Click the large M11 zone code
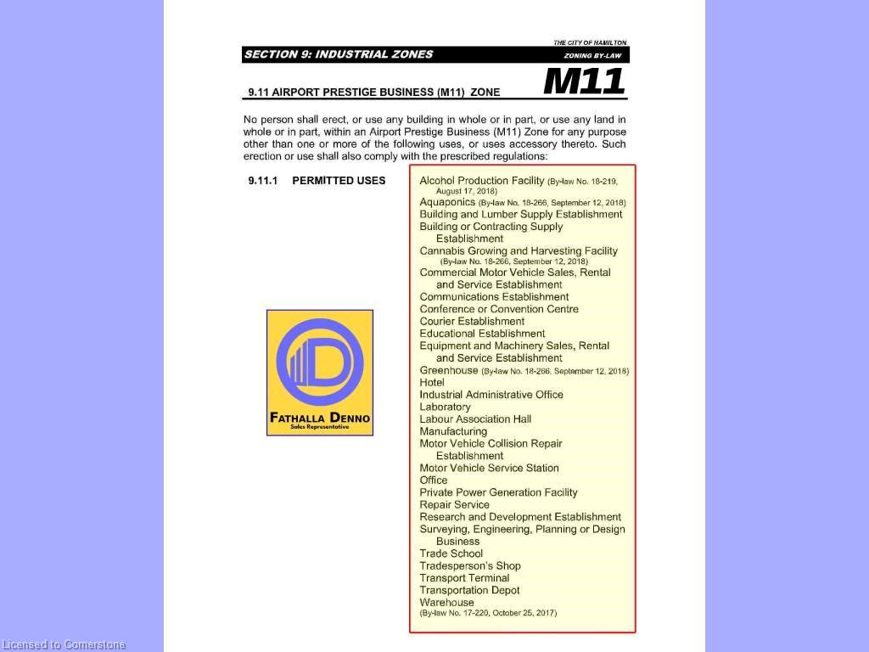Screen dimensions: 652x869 coord(584,81)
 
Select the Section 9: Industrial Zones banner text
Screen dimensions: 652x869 coord(339,54)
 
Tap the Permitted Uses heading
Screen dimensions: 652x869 coord(338,181)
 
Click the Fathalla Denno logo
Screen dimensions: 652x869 coord(320,373)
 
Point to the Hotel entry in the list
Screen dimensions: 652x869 coord(432,382)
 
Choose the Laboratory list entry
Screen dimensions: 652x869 coord(445,407)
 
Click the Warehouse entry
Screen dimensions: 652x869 coord(446,602)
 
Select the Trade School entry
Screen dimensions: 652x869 coord(451,554)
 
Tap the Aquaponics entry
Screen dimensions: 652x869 coord(447,202)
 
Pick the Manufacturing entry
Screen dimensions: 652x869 coord(453,431)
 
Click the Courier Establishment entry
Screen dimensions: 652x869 coord(472,321)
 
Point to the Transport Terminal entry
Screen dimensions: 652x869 coord(464,578)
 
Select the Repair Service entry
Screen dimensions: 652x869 coord(454,504)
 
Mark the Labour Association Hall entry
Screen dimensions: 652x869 coord(475,419)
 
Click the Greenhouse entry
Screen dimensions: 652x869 coord(449,370)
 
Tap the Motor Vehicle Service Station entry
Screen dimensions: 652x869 coord(489,468)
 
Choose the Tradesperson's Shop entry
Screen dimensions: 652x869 coord(470,565)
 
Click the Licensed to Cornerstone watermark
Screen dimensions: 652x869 coord(64,645)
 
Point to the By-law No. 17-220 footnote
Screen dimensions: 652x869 coord(488,613)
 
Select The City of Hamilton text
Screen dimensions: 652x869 coord(590,42)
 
